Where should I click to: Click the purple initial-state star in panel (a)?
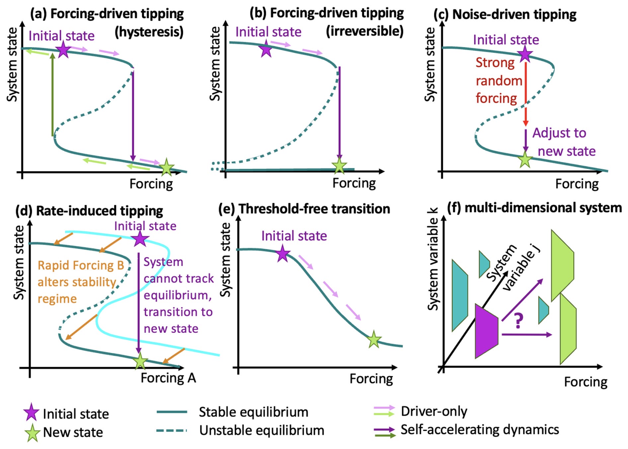pos(63,50)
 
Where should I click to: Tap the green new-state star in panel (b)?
pos(339,165)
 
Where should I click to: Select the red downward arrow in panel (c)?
pos(525,93)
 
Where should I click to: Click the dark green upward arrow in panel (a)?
pos(52,95)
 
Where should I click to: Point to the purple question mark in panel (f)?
pos(518,320)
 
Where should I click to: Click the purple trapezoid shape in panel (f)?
pos(486,331)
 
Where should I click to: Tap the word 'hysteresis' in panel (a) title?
pos(149,32)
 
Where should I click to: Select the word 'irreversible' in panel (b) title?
pos(364,31)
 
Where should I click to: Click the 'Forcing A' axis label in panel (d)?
pos(168,378)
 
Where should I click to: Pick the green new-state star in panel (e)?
pos(374,339)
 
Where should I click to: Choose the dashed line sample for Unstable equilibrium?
pos(171,430)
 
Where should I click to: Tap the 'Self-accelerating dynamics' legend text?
pos(480,430)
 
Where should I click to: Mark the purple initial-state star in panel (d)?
pos(140,238)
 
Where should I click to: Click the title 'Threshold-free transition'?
pos(314,209)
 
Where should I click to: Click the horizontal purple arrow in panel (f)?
pos(526,335)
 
